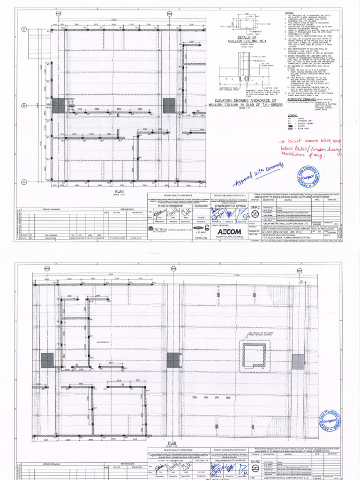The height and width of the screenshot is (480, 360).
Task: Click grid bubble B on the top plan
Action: pyautogui.click(x=24, y=105)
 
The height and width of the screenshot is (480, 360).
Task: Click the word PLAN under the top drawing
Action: pyautogui.click(x=118, y=191)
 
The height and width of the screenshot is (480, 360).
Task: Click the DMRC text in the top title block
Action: pyautogui.click(x=255, y=207)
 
